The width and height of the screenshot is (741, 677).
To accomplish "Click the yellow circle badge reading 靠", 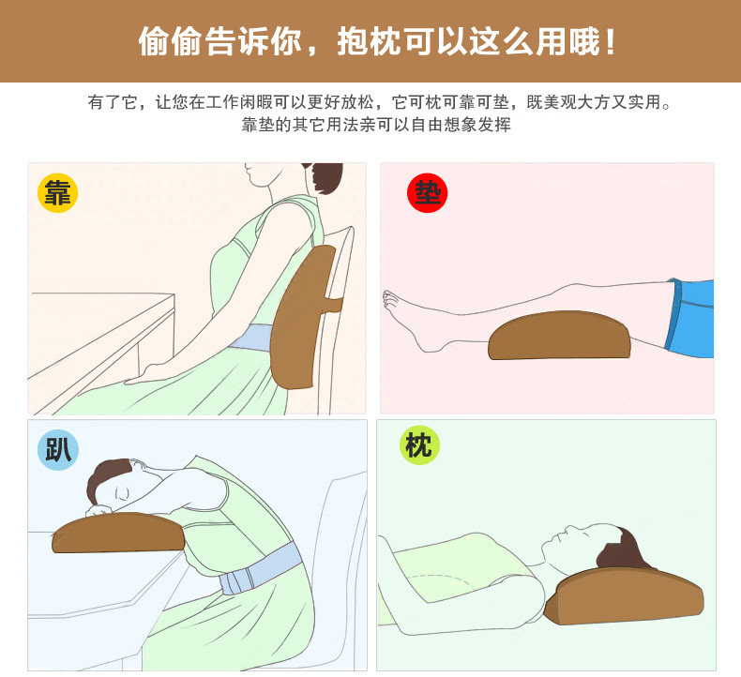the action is pyautogui.click(x=57, y=193).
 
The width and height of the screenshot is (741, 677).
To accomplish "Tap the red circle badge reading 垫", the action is pyautogui.click(x=427, y=193).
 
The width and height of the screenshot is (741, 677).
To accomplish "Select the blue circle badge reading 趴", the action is pyautogui.click(x=58, y=450).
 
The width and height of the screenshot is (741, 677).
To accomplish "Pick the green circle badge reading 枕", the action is pyautogui.click(x=419, y=444).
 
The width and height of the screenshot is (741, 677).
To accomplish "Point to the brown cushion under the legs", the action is pyautogui.click(x=560, y=336).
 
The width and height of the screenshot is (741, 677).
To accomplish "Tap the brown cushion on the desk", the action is pyautogui.click(x=118, y=533).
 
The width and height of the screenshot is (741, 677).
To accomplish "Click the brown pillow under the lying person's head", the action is pyautogui.click(x=624, y=596).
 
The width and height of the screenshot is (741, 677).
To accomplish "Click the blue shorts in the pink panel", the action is pyautogui.click(x=690, y=318).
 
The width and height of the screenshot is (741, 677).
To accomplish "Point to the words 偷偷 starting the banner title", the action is pyautogui.click(x=170, y=41).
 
